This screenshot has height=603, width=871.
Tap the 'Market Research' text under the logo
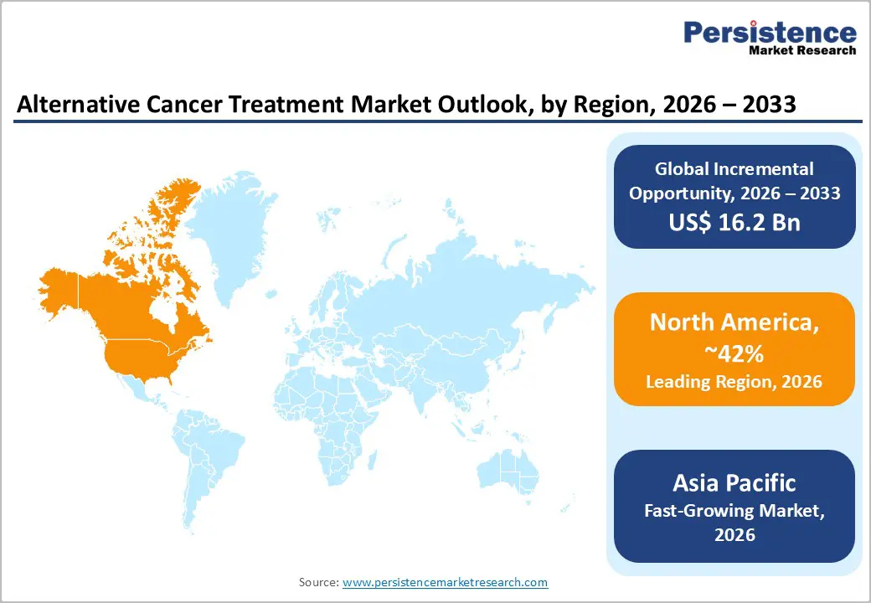tap(801, 50)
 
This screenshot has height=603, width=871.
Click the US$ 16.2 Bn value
tap(734, 222)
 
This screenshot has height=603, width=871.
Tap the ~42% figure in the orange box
tap(734, 354)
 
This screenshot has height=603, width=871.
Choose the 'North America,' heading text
tap(734, 323)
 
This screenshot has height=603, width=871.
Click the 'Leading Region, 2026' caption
tap(734, 382)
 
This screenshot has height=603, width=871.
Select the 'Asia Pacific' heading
tap(734, 482)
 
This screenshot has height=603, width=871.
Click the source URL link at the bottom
tap(445, 581)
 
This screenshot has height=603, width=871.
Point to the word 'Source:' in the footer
tap(318, 581)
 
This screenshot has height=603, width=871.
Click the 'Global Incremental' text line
tap(734, 169)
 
